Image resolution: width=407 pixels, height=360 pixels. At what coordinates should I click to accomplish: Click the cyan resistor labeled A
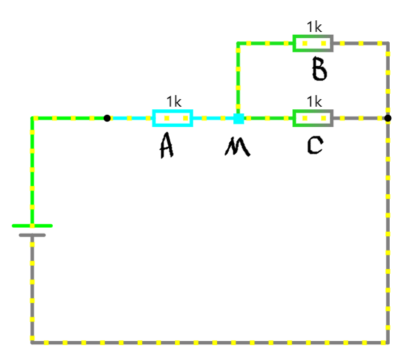tap(173, 118)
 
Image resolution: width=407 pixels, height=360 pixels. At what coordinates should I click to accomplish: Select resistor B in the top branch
tap(313, 43)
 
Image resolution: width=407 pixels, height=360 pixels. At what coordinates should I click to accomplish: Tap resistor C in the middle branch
tap(313, 118)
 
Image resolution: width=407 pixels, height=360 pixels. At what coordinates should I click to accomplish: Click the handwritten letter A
tap(166, 145)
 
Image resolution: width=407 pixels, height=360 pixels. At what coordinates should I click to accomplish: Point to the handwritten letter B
tap(319, 70)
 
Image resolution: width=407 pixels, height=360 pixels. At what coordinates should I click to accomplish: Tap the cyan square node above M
tap(239, 118)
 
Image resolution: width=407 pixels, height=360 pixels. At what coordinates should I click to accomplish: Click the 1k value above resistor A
tap(174, 102)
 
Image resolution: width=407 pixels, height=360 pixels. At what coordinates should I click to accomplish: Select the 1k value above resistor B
tap(314, 27)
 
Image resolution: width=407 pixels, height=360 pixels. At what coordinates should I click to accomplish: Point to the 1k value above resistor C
tap(314, 102)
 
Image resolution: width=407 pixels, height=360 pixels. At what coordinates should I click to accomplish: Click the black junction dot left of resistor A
tap(107, 118)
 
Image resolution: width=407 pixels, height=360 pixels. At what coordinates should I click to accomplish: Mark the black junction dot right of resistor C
tap(388, 118)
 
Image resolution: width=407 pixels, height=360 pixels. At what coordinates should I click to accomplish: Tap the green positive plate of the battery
tap(32, 226)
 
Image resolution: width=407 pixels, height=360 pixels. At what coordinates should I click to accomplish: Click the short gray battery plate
tap(32, 235)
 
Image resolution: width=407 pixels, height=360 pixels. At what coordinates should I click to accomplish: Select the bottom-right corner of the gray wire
tap(388, 342)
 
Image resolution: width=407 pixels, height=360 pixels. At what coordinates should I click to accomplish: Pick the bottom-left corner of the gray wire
tap(32, 342)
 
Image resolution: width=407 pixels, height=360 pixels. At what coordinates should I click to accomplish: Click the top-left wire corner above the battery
tap(32, 118)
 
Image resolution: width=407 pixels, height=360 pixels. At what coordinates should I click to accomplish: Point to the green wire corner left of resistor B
tap(238, 43)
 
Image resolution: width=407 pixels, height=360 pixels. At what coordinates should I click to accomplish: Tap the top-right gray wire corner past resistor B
tap(388, 43)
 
